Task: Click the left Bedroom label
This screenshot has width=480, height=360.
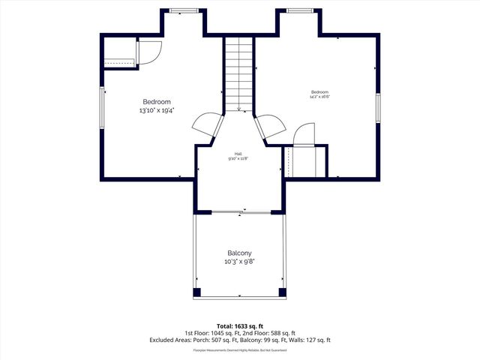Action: [157, 102]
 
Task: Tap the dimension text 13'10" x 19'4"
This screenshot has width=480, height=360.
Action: [157, 110]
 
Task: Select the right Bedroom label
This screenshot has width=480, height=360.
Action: [320, 91]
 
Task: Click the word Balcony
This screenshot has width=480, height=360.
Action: [239, 253]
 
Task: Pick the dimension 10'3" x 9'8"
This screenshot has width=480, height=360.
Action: [239, 262]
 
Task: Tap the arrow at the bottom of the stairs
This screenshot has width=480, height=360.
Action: [239, 109]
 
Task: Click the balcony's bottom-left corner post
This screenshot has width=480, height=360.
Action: [197, 292]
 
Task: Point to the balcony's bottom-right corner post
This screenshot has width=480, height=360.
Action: [282, 292]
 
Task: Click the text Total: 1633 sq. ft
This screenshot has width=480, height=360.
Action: [240, 326]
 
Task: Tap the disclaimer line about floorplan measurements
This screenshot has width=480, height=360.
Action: [240, 349]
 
